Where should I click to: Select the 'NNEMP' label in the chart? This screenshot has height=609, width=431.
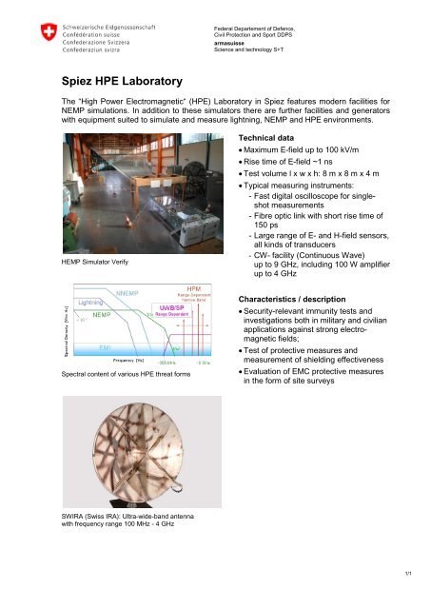pos(127,293)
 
